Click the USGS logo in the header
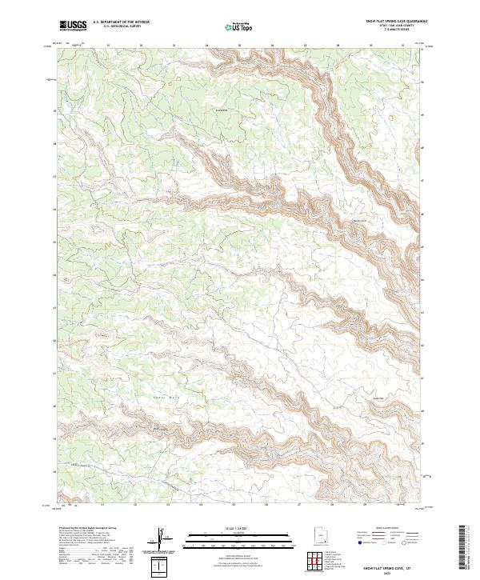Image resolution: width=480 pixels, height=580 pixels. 73,26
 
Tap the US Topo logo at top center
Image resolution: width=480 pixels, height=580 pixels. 235,26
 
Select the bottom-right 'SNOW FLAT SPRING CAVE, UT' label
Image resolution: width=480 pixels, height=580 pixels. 386,566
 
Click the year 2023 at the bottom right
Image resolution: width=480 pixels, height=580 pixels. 386,571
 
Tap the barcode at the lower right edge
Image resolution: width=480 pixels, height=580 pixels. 465,550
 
